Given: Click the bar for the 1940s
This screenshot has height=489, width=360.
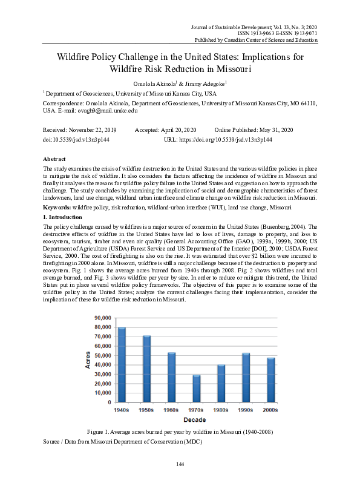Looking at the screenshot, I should pyautogui.click(x=122, y=364).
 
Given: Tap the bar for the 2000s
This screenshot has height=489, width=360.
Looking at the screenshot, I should pyautogui.click(x=271, y=379).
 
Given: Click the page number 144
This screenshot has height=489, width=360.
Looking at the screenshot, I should pyautogui.click(x=180, y=464).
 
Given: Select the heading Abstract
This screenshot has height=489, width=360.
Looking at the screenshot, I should pyautogui.click(x=55, y=159).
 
